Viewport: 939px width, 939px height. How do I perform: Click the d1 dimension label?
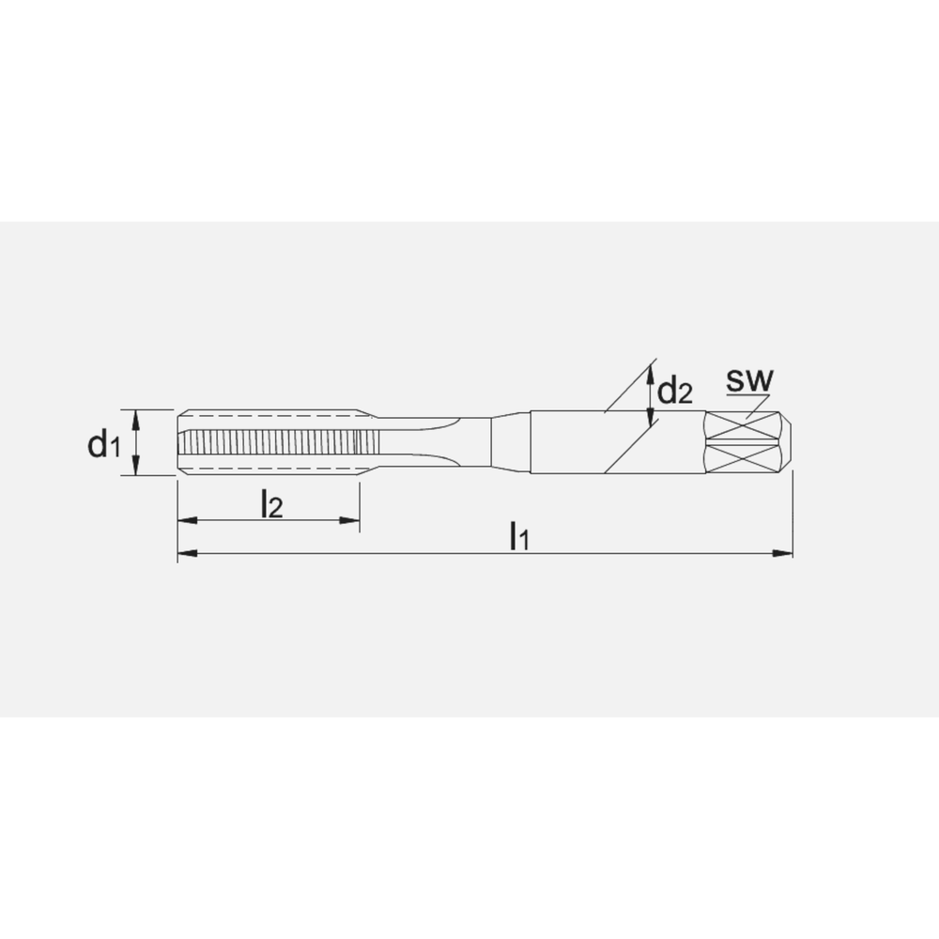pyautogui.click(x=104, y=444)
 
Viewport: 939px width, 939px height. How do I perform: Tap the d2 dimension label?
pyautogui.click(x=675, y=391)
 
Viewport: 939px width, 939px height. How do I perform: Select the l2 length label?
pyautogui.click(x=271, y=503)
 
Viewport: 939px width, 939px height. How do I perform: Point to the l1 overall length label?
pyautogui.click(x=518, y=535)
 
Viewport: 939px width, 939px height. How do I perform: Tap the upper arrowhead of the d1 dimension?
pyautogui.click(x=136, y=420)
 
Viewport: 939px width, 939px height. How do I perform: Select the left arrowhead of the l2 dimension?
pyautogui.click(x=188, y=520)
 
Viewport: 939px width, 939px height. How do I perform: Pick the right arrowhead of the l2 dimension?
pyautogui.click(x=349, y=520)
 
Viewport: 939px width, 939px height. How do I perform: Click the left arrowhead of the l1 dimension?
pyautogui.click(x=188, y=553)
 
